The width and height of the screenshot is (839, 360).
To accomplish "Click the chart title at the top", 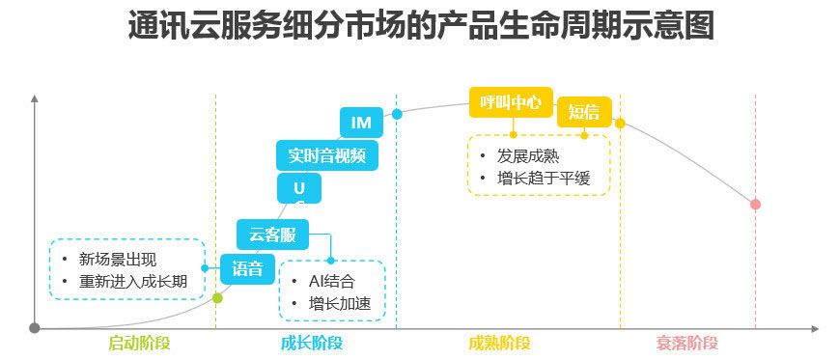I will click(420, 26).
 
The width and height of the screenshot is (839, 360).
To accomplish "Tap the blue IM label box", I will click(361, 123).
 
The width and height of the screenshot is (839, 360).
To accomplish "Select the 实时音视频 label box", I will click(326, 154).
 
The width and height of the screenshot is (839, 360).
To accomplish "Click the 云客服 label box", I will click(272, 235).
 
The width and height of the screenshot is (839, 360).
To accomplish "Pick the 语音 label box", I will click(248, 268).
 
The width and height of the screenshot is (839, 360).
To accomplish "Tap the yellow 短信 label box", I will click(584, 112).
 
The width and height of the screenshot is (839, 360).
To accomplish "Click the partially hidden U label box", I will click(299, 187).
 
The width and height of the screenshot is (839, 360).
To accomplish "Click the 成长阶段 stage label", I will click(311, 343).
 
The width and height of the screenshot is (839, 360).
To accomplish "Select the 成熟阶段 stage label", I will click(499, 343).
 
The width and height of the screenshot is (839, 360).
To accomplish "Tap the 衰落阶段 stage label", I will click(687, 343).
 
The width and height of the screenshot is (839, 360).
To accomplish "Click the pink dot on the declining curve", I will click(755, 204).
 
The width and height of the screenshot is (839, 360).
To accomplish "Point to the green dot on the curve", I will click(217, 298).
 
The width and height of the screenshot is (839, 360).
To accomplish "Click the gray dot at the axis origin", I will click(35, 328).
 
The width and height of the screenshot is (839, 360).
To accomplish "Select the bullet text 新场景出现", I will click(118, 260).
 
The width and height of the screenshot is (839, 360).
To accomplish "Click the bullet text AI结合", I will click(331, 282).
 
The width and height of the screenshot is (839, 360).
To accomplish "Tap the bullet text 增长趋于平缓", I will click(543, 178).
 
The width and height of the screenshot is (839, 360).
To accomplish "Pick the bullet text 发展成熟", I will click(528, 155).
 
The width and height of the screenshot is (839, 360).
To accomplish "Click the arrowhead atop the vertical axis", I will click(35, 97).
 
